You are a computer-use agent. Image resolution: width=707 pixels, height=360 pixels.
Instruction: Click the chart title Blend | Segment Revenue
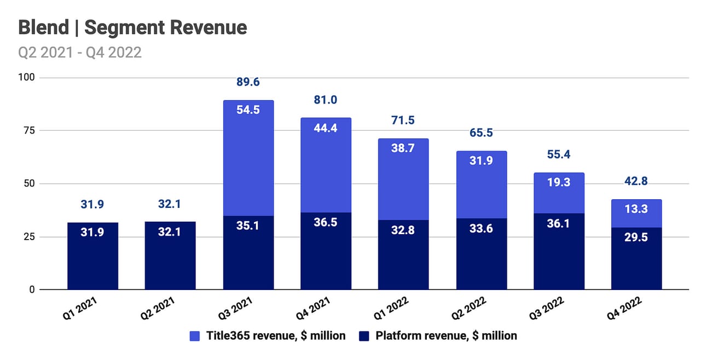132,27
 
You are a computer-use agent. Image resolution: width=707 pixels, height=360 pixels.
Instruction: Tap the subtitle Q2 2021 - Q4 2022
80,53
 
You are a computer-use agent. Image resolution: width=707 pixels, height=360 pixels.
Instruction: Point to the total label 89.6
248,82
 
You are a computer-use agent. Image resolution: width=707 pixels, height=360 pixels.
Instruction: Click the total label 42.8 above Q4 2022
636,182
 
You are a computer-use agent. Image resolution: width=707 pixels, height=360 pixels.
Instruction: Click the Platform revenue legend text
446,335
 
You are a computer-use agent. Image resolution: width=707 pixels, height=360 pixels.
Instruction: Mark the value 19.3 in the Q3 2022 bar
559,182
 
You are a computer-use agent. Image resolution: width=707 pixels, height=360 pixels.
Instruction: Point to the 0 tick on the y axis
32,289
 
